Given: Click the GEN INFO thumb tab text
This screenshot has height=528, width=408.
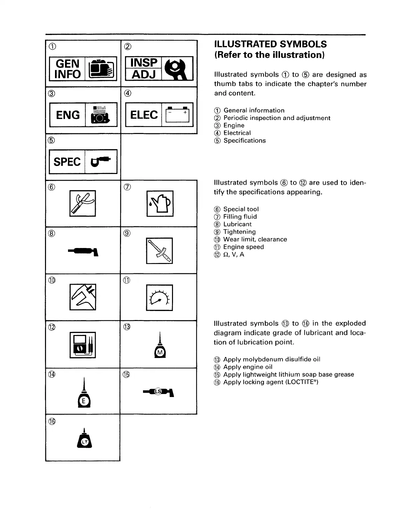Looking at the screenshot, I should click(67, 69).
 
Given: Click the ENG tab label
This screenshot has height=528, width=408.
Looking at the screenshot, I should click(68, 115).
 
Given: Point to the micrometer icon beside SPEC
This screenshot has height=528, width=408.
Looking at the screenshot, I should click(101, 162).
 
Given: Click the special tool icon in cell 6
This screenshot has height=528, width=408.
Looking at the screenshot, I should click(83, 203).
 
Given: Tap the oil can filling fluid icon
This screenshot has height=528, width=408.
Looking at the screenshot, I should click(160, 203).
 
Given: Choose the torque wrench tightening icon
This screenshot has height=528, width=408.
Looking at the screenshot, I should click(159, 250).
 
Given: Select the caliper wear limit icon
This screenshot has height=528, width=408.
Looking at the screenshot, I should click(83, 297).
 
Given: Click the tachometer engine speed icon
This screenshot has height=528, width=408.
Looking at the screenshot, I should click(159, 297).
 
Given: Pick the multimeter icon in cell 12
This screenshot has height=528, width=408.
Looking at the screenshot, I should click(83, 345).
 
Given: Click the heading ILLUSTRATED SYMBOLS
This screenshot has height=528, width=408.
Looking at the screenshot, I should click(270, 44).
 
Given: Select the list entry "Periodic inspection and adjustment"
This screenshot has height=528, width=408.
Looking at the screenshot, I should click(277, 118).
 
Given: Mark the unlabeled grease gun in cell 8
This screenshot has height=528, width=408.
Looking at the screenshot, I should click(83, 251).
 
